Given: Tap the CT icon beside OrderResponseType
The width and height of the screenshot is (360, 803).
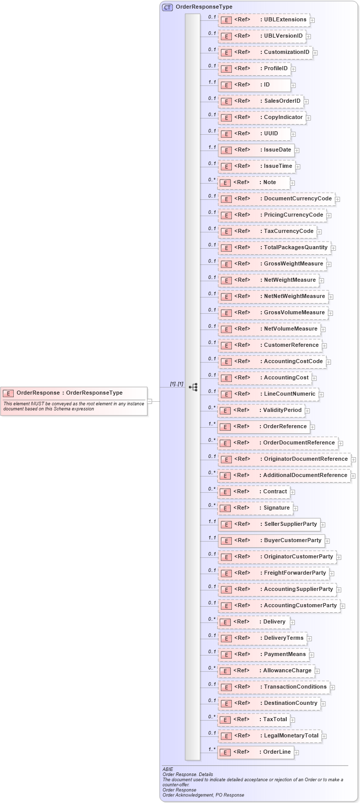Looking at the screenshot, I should (x=167, y=7).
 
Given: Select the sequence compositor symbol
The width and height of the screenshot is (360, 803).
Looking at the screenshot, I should (x=193, y=387).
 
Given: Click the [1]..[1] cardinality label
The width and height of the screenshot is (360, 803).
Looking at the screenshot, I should (x=176, y=384).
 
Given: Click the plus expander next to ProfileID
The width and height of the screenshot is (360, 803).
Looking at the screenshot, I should (x=293, y=69).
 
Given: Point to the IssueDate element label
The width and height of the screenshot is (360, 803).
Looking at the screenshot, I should (x=277, y=150).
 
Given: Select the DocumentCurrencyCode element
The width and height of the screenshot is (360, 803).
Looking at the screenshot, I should (x=277, y=199).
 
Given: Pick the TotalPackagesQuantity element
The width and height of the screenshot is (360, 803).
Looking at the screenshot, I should (x=275, y=248).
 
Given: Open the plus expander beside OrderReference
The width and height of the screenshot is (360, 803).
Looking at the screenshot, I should (x=313, y=427).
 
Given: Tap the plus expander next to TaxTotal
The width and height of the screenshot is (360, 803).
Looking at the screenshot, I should (x=292, y=720).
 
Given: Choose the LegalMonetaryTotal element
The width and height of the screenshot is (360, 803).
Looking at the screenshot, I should (x=270, y=736).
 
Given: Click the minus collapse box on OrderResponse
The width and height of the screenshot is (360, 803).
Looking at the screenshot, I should (x=149, y=401).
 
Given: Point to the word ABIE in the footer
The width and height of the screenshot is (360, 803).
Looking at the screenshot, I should (x=168, y=769).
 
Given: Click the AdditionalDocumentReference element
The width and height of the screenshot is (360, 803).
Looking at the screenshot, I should (x=284, y=475).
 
